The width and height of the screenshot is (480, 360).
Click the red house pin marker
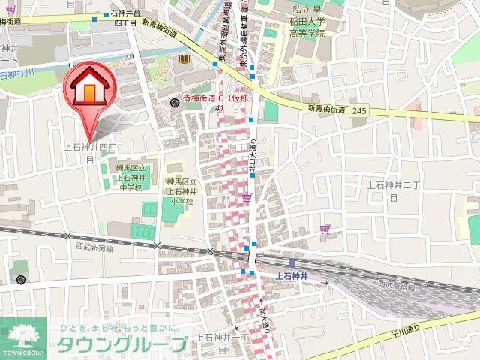pos(88,88)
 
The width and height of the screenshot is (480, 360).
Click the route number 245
pos(359,110)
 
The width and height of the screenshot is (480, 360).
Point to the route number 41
pos(220,108)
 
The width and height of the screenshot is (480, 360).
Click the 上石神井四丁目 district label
pos(89,152)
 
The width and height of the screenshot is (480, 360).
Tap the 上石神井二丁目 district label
pos(391,190)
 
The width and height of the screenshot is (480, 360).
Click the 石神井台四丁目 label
pos(124,18)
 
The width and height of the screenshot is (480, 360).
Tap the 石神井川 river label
pos(16,73)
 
